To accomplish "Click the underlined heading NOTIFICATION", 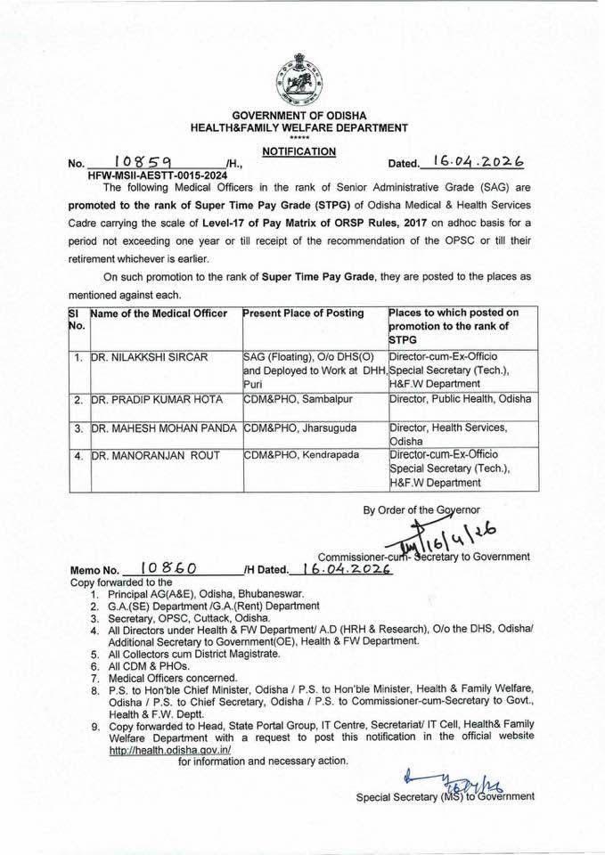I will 299,152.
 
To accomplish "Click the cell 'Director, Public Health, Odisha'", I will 460,400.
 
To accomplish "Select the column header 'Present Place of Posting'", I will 303,313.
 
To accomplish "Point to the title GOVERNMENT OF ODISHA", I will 299,117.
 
